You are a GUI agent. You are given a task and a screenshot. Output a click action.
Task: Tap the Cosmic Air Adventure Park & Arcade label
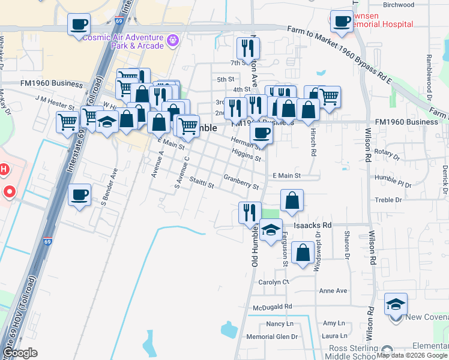click(x=123, y=41)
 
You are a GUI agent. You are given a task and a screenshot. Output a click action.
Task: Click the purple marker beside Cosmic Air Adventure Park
click(x=173, y=41)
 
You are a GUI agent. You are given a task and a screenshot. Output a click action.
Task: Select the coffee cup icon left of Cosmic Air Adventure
click(x=79, y=25)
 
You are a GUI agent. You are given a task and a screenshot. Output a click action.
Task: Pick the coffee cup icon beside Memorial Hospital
click(x=342, y=21)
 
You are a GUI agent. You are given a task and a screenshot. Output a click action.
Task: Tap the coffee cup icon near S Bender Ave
click(x=79, y=194)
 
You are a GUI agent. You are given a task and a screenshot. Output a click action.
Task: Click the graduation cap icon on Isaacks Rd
click(x=271, y=229)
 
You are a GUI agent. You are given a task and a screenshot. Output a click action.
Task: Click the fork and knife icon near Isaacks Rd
click(x=250, y=212)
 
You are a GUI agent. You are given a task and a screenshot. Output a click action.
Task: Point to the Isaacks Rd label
click(x=312, y=225)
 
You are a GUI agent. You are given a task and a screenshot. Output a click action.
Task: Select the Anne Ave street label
click(x=334, y=291)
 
